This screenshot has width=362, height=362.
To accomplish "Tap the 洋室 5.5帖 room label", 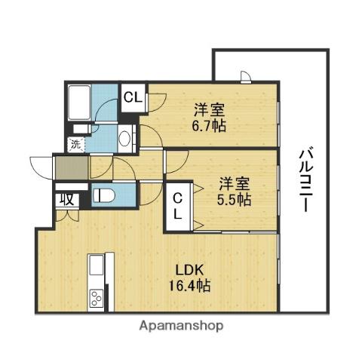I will point(235,192).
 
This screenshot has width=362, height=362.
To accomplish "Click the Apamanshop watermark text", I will point(180,327).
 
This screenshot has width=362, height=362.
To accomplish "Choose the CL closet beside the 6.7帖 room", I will point(133,97).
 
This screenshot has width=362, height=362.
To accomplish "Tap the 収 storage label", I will point(66,199).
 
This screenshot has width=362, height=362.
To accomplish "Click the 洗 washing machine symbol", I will point(76,143).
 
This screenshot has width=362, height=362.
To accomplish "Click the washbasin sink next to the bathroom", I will point(125,138).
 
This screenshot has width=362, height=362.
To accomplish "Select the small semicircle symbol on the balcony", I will point(246,75).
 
